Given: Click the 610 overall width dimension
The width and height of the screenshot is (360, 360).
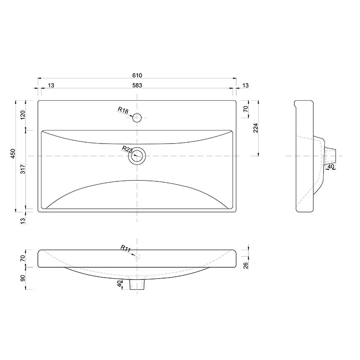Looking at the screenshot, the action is (x=137, y=75).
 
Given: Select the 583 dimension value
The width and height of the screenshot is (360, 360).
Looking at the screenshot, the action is (x=137, y=85).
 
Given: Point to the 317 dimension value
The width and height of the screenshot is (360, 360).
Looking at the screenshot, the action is (x=23, y=169).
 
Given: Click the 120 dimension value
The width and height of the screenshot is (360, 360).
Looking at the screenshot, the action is (x=23, y=115).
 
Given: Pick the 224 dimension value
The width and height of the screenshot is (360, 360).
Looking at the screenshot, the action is (x=256, y=128).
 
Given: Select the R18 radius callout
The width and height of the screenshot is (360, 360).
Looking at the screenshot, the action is (x=123, y=110).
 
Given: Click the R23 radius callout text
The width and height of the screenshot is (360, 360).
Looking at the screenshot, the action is (x=127, y=149).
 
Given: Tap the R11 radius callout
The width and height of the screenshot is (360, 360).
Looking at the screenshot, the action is (x=126, y=248).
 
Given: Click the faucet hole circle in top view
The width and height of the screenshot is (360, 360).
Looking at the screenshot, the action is (x=137, y=117).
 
